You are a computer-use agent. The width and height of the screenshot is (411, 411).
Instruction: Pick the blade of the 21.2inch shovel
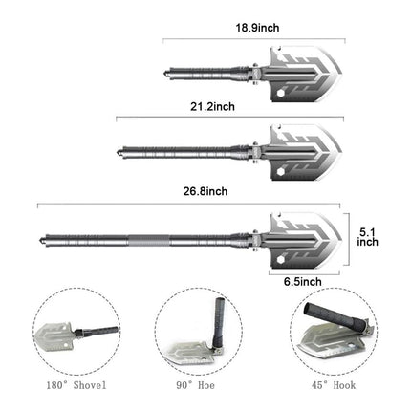tap(300, 151)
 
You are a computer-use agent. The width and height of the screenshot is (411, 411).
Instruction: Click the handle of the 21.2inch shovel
tap(186, 151)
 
